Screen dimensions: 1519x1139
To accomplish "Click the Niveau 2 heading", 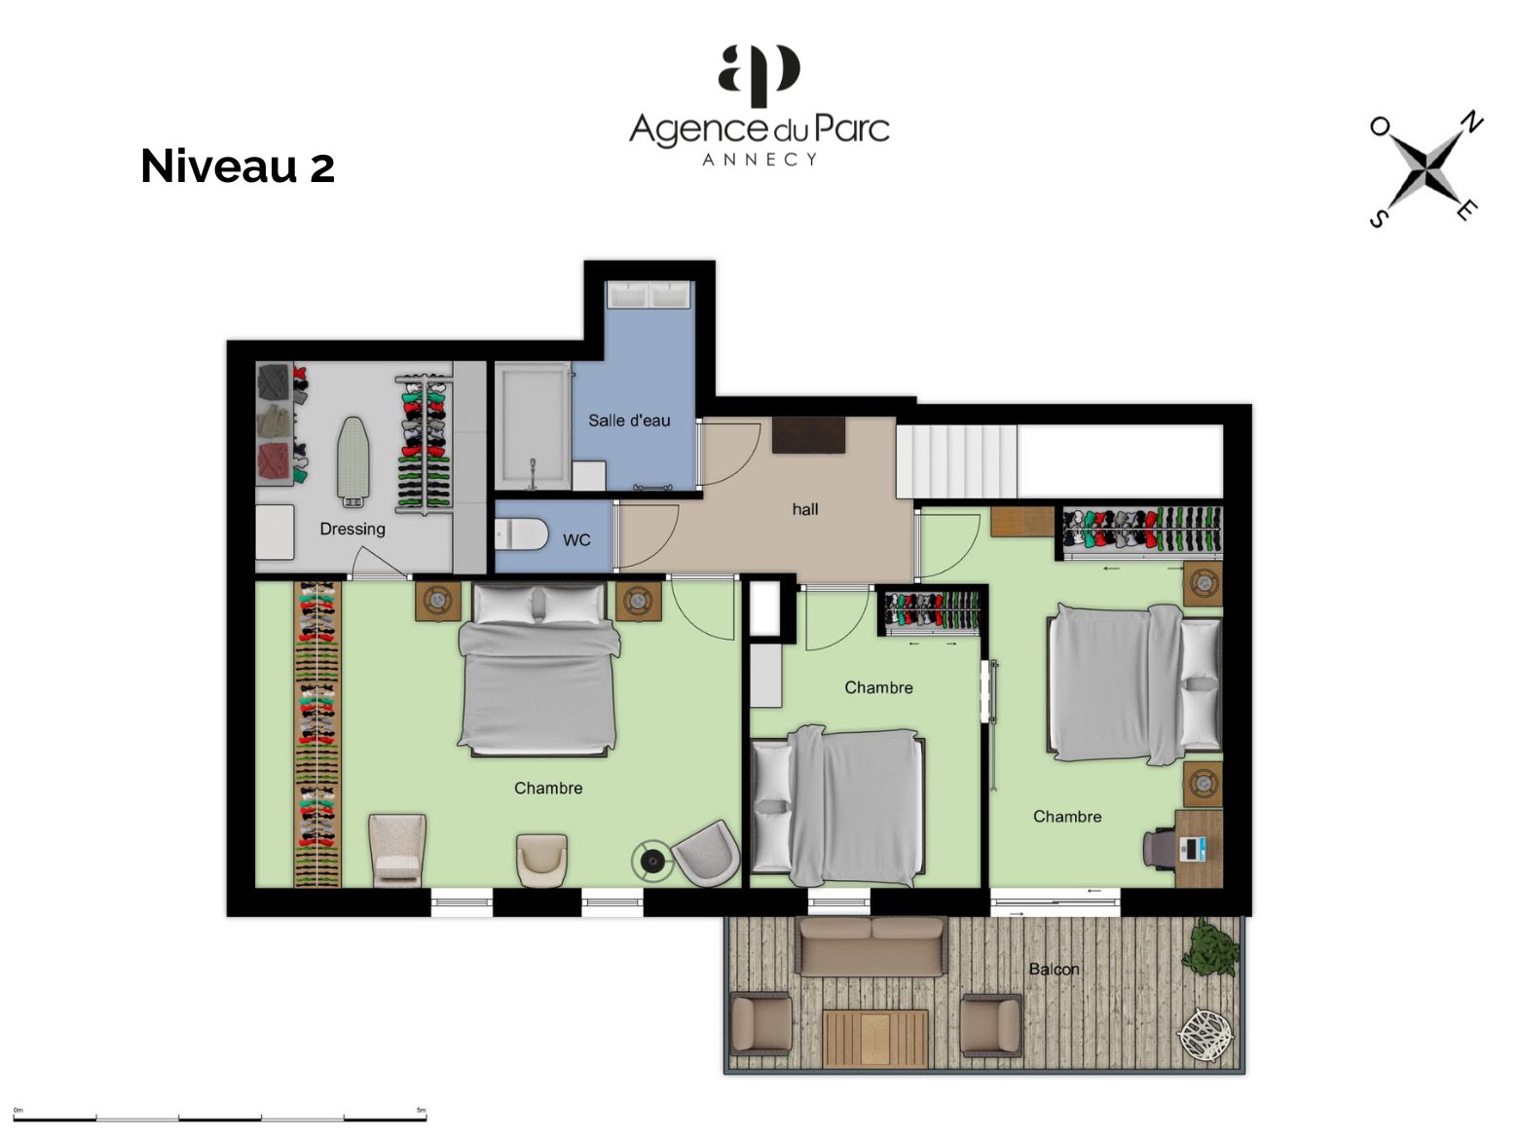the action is [238, 165].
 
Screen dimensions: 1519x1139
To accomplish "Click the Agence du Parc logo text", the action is [759, 129].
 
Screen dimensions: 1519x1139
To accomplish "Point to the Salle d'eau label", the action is [629, 421].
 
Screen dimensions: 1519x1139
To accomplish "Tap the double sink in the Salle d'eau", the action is [648, 295].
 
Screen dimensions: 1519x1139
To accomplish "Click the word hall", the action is [805, 510].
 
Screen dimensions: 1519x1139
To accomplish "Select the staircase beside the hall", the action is [956, 461].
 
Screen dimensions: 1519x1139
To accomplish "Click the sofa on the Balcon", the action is [871, 947].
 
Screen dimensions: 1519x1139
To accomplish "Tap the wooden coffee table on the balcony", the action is [875, 1038].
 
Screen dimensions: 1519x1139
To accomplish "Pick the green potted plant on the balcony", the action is [1209, 948].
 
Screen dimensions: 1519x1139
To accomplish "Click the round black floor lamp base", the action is [651, 861].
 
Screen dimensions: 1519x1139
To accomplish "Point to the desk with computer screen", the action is [1199, 849].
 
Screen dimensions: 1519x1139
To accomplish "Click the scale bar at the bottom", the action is [220, 1119].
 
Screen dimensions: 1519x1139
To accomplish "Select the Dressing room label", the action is [352, 529].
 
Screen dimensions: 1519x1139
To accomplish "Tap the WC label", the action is [576, 540].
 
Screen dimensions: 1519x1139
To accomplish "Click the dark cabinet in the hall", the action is [808, 434].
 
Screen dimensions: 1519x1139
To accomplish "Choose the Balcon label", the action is [1054, 969].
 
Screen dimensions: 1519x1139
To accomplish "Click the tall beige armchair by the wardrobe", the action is [397, 850].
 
